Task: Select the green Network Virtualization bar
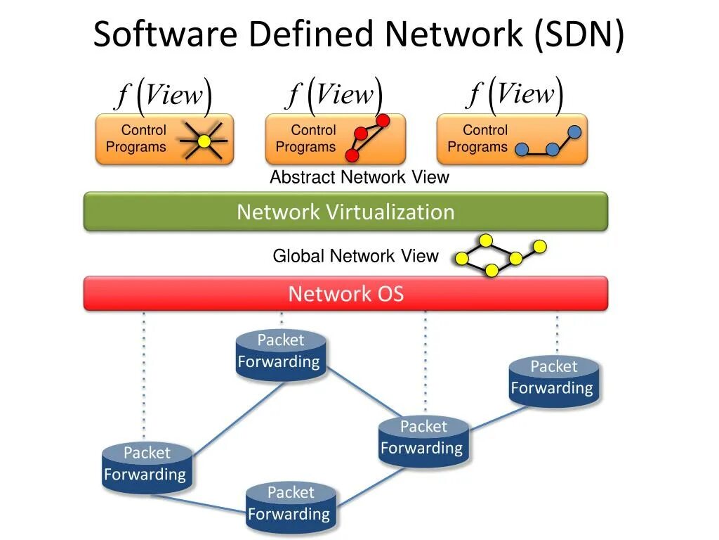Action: tap(345, 212)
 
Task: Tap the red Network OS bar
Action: tap(345, 293)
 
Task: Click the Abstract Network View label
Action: tap(359, 177)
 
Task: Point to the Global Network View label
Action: tap(355, 256)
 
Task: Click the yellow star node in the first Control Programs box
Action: tap(204, 141)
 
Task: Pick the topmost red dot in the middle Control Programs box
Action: tap(383, 121)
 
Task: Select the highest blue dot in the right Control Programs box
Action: tap(574, 131)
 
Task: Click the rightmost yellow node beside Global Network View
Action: tap(539, 246)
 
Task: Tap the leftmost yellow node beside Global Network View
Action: tap(462, 259)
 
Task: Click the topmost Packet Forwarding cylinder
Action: tap(280, 355)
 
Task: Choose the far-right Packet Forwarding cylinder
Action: tap(553, 381)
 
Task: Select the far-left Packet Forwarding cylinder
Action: tap(147, 468)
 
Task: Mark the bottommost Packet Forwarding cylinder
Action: tap(290, 507)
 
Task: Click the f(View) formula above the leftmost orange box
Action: tap(164, 96)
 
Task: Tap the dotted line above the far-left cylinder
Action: tap(144, 380)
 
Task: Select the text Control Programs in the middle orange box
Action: tap(306, 139)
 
